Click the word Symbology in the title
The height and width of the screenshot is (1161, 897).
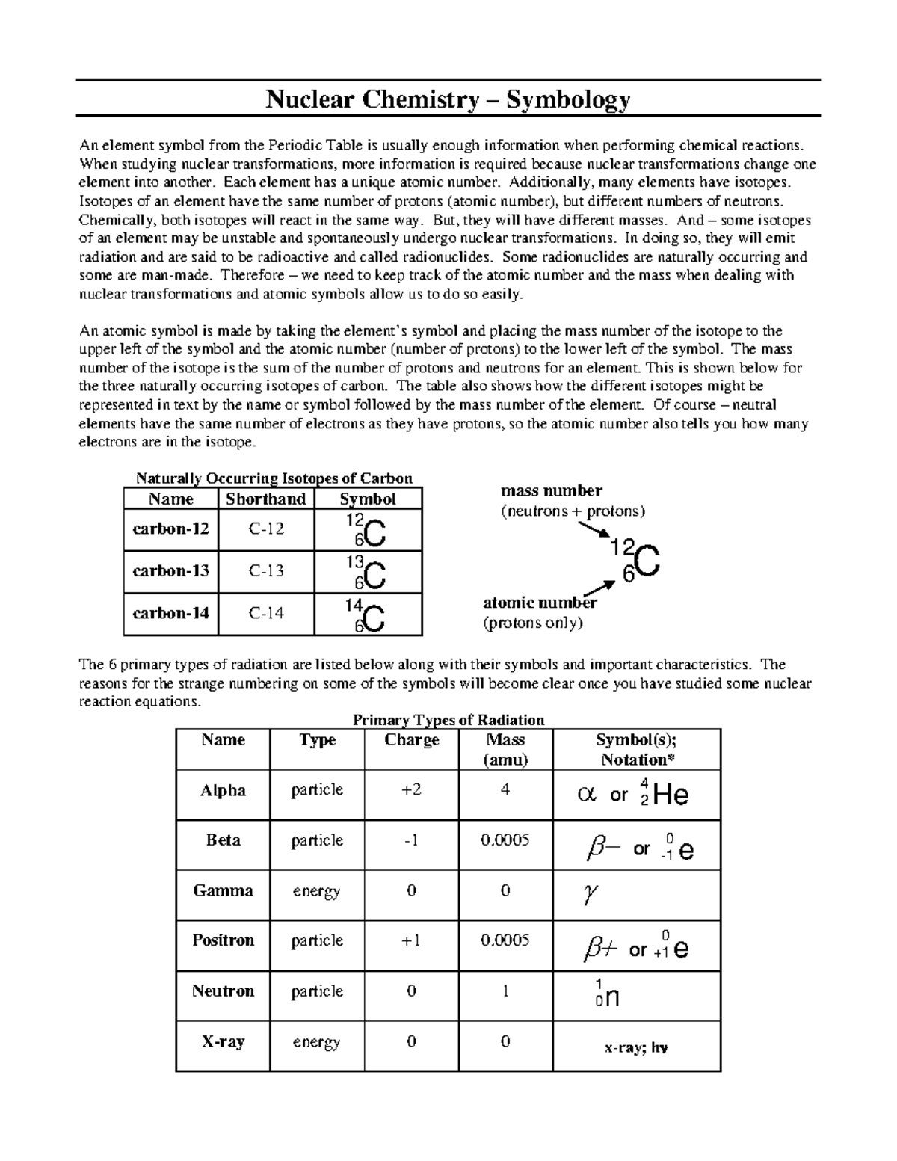tap(568, 99)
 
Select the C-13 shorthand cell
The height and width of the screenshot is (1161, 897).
tap(266, 571)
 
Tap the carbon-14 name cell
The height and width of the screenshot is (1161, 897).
tap(170, 613)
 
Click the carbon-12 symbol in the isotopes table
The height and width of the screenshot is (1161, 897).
tap(368, 530)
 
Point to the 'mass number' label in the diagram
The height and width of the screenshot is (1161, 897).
tap(551, 491)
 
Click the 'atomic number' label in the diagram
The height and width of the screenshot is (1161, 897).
tap(540, 603)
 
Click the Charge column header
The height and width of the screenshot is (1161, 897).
tap(411, 740)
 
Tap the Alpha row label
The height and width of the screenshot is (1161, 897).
tap(223, 791)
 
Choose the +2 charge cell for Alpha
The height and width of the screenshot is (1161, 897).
tap(411, 790)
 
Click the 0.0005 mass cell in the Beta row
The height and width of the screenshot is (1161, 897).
tap(505, 840)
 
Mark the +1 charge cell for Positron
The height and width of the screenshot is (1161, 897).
tap(411, 940)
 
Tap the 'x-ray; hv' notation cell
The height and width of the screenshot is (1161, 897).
tap(636, 1048)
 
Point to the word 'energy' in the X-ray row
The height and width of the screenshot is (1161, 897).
tap(316, 1042)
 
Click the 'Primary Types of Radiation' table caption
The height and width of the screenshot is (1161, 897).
tap(448, 720)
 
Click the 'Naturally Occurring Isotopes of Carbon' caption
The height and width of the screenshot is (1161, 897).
tap(274, 478)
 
